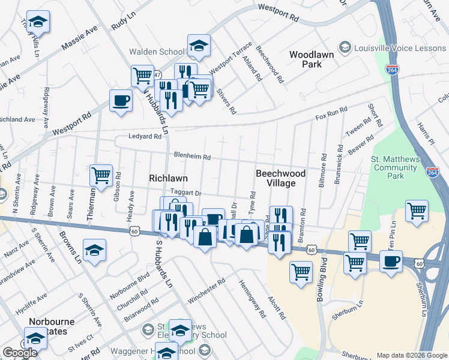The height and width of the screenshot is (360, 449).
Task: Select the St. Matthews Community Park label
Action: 394,167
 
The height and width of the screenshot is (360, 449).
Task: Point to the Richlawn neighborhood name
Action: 168,179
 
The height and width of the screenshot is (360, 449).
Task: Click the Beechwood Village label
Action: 280,178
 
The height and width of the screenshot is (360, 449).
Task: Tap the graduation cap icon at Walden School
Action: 198,44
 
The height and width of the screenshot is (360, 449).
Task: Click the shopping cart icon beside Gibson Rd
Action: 101,175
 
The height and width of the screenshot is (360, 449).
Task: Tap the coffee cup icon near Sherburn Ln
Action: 391,262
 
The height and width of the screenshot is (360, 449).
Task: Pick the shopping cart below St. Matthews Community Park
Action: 416,210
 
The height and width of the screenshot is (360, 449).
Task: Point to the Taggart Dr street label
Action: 185,193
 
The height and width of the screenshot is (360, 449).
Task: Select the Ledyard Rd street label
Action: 145,136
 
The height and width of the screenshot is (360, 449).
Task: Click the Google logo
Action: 20,353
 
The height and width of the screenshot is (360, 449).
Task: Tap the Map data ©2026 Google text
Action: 412,355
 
